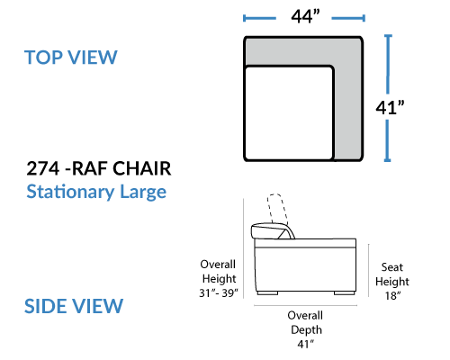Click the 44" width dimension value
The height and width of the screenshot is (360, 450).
tap(305, 16)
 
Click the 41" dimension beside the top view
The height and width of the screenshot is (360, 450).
tap(390, 107)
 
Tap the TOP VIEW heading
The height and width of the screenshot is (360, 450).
tap(71, 58)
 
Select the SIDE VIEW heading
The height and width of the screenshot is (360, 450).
tap(74, 306)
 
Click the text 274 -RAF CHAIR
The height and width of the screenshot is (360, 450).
tap(99, 168)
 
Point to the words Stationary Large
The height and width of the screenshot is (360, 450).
tap(96, 192)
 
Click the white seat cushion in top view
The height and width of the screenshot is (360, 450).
tap(289, 112)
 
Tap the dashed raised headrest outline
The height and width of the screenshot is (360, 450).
tap(277, 209)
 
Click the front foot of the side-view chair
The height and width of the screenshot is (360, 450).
tap(345, 293)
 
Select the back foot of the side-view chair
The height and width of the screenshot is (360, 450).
tap(267, 293)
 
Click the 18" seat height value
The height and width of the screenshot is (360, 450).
tap(392, 296)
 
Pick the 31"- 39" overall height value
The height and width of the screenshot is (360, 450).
tap(219, 292)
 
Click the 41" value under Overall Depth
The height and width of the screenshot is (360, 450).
tap(306, 344)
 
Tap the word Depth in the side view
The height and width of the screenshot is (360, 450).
tap(306, 330)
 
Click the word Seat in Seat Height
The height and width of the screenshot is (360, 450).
tap(392, 267)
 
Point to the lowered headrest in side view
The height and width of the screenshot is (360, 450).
tap(273, 231)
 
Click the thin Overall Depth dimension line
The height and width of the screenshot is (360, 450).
tap(305, 305)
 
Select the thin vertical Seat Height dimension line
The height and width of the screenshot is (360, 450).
tap(369, 271)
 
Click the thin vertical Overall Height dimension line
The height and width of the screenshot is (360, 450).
tap(244, 248)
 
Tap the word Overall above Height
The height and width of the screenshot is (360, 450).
tap(218, 265)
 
